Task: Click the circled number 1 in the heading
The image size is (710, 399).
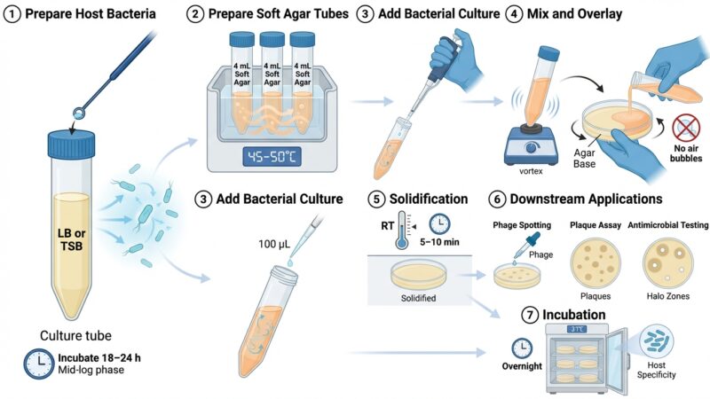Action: [12, 14]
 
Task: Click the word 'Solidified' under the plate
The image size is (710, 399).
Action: [418, 298]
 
